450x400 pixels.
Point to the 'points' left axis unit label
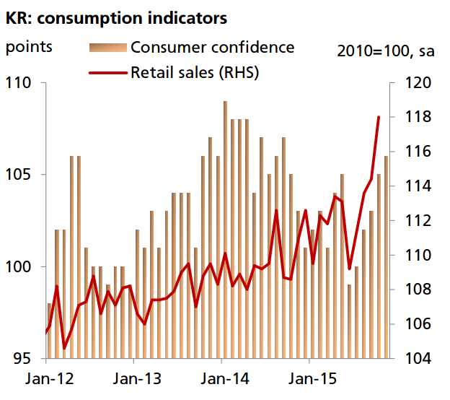tap(30, 48)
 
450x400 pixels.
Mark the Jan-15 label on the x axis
tap(309, 379)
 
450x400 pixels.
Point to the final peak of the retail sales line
tap(379, 117)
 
